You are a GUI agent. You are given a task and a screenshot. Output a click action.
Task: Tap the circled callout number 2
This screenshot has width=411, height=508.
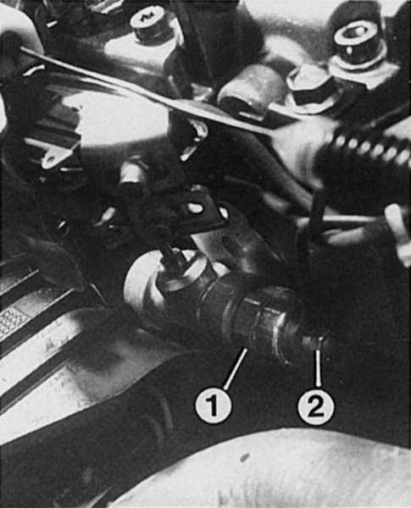point(316,405)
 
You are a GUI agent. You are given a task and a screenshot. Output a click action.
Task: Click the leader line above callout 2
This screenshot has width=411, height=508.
point(319,362)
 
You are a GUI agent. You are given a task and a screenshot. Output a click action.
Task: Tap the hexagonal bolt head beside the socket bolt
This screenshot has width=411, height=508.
point(308,88)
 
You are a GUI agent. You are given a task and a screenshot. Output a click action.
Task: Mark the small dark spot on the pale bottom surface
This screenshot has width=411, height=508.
point(244,458)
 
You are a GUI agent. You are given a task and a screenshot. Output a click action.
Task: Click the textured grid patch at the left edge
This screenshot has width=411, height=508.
point(13,321)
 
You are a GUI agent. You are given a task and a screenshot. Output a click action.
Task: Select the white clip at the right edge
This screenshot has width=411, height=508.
point(398,233)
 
